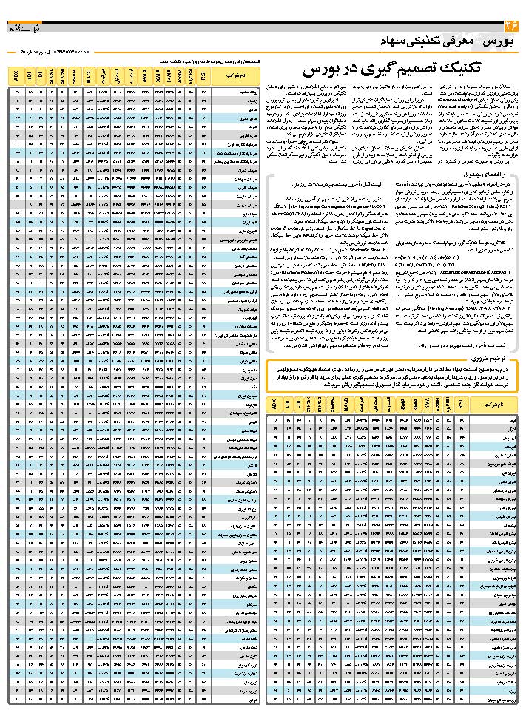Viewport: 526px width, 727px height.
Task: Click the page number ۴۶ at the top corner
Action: [511, 27]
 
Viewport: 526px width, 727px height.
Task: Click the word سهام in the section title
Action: [404, 40]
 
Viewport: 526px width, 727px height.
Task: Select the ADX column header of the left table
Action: [16, 75]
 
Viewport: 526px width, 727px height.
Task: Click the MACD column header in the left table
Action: [87, 75]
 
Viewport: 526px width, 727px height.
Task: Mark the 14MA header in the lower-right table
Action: [425, 405]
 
